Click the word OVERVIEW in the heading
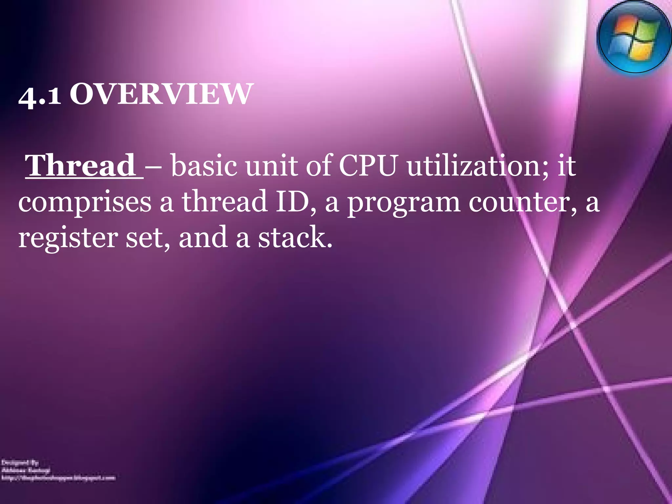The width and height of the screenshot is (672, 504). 161,94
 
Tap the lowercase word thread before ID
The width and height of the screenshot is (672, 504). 225,201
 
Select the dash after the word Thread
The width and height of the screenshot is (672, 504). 157,166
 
